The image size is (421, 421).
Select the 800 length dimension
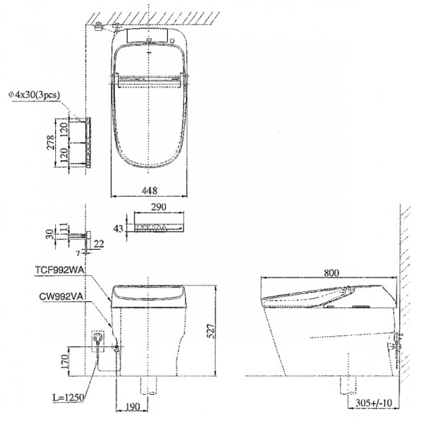333,273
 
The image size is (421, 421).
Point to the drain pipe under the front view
149,386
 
